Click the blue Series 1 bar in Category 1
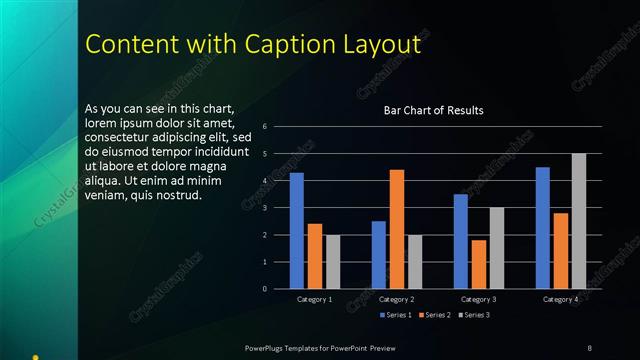pos(297,231)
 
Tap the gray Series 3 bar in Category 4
pos(579,221)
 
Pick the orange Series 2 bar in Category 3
pos(479,264)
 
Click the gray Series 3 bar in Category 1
pos(333,262)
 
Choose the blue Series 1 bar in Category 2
pos(379,255)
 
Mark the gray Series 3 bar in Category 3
pos(497,248)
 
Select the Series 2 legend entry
pos(434,315)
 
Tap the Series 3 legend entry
pos(473,315)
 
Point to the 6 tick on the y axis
pos(264,127)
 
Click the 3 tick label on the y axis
pos(264,208)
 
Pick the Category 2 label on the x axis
pos(397,299)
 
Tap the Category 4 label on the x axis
pos(561,299)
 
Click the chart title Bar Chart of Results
pos(434,110)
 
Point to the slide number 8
pos(589,347)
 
